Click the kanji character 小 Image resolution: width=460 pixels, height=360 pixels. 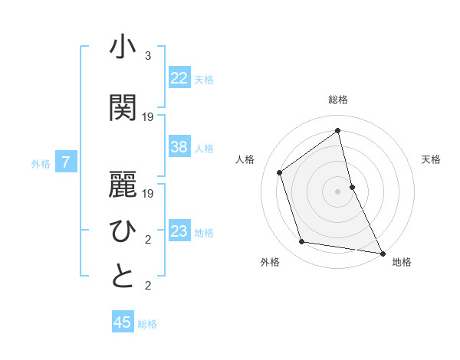[123, 47]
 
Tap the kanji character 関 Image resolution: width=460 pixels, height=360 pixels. [123, 108]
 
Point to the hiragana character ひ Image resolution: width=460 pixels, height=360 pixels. [123, 231]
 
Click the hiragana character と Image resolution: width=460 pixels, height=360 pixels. [123, 277]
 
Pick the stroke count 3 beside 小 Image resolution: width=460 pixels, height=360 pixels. [148, 56]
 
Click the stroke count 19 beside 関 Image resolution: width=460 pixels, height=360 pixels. [148, 117]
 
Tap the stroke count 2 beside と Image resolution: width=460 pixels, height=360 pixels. [148, 286]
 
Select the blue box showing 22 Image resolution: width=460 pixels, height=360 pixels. [179, 78]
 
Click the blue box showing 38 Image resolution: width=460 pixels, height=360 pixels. [179, 147]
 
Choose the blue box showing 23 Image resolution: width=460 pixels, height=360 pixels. [179, 231]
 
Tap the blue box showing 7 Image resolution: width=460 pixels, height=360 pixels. [67, 162]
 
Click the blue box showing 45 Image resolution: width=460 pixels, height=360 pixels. [123, 322]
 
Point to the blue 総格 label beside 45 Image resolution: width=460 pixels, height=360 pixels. [147, 324]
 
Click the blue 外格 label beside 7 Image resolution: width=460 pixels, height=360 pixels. [41, 163]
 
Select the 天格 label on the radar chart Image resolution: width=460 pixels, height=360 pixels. [431, 159]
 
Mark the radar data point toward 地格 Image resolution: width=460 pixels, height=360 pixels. [382, 252]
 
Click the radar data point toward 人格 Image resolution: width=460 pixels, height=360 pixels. [280, 172]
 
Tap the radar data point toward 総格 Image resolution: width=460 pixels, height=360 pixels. [338, 130]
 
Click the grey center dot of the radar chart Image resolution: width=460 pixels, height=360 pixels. [337, 191]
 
